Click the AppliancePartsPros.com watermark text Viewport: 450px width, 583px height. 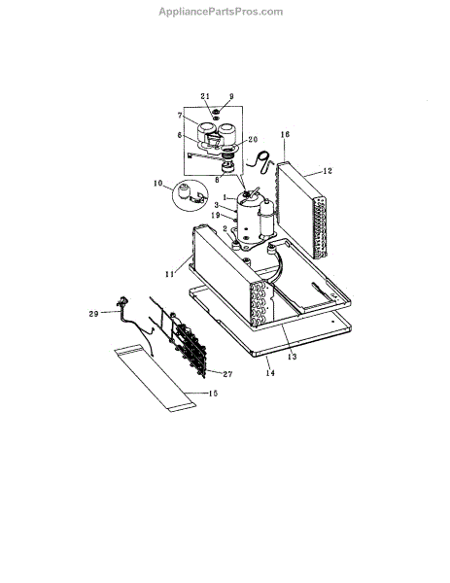(221, 12)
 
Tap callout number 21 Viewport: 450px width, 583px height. (205, 96)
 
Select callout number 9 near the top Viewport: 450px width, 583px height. (231, 96)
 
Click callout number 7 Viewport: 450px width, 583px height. (180, 116)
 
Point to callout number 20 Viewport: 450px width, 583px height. (253, 139)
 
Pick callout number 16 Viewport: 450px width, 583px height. (285, 134)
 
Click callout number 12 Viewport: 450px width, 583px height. (328, 171)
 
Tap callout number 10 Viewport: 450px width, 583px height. (157, 183)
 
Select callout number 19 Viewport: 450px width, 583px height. (216, 215)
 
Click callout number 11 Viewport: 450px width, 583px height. (169, 274)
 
